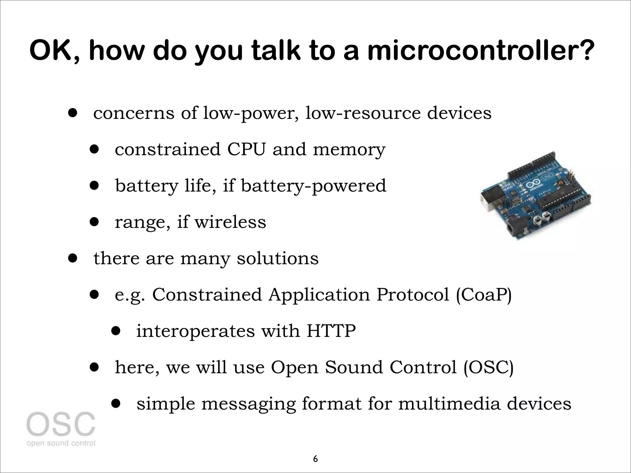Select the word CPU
(x=246, y=149)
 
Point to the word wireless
(x=230, y=222)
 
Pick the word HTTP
(x=331, y=331)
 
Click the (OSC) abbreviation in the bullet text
(x=488, y=367)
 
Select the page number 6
(x=315, y=459)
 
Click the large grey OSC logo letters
(x=61, y=424)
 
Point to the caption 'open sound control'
(x=61, y=443)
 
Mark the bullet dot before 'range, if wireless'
(x=94, y=222)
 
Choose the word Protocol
(x=413, y=295)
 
